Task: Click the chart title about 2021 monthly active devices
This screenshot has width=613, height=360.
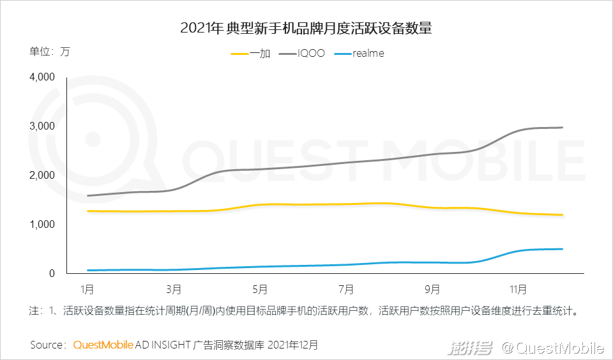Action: pyautogui.click(x=306, y=28)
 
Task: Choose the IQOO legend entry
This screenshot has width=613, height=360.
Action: pyautogui.click(x=311, y=54)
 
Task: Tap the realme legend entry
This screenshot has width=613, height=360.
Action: pyautogui.click(x=368, y=54)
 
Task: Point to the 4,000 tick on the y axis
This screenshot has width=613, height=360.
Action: pyautogui.click(x=43, y=77)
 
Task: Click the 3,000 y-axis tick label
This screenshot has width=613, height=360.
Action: pyautogui.click(x=43, y=126)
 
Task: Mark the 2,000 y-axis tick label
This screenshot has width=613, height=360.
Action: pyautogui.click(x=43, y=176)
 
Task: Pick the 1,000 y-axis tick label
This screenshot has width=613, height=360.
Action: pyautogui.click(x=43, y=225)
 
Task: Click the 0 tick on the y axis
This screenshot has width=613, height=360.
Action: pyautogui.click(x=53, y=274)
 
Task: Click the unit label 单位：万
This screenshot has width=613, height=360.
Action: pyautogui.click(x=49, y=52)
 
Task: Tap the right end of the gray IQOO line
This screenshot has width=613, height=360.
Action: pyautogui.click(x=562, y=128)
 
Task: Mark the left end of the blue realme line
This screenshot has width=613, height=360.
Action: pyautogui.click(x=87, y=270)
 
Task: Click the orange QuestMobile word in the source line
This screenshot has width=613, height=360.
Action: pyautogui.click(x=103, y=345)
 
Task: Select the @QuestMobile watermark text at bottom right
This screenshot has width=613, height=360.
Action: pyautogui.click(x=552, y=348)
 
